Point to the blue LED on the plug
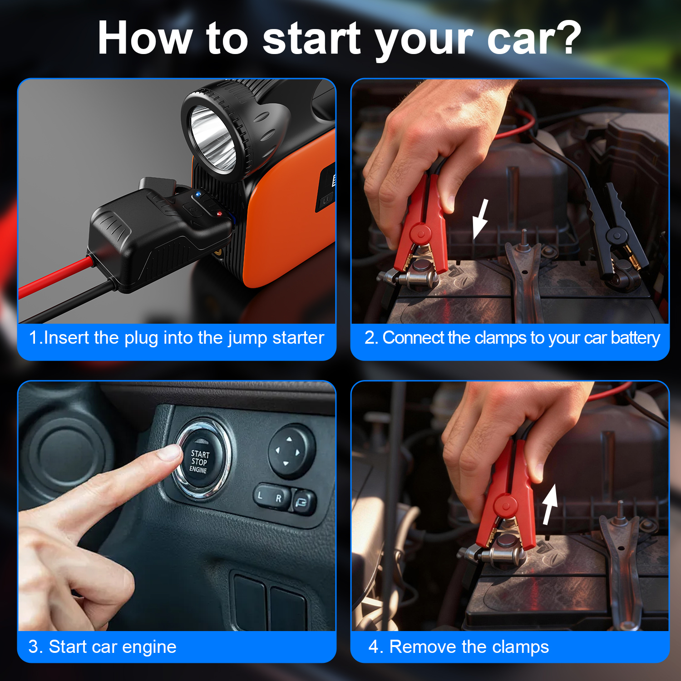[198, 195]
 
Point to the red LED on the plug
[220, 213]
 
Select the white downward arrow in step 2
[480, 219]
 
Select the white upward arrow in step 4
[550, 504]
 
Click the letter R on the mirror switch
[279, 498]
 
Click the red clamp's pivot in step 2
[421, 234]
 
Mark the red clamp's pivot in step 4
[506, 505]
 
